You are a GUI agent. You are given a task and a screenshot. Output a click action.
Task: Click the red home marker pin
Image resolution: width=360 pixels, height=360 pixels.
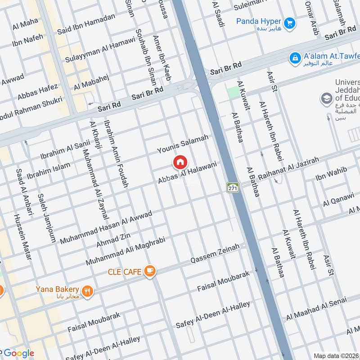pos(180,162)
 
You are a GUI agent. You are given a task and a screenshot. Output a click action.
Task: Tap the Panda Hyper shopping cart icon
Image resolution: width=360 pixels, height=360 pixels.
pos(290,22)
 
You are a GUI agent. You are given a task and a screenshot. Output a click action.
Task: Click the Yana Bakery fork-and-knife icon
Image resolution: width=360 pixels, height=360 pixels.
pos(88,290)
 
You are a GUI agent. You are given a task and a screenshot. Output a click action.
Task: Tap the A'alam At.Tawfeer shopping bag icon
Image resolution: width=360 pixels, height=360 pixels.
pos(295,58)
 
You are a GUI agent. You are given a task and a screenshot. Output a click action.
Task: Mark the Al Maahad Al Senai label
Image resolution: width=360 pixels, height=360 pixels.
pos(316,308)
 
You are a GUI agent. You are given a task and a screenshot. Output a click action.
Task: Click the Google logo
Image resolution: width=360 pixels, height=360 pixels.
pos(18,353)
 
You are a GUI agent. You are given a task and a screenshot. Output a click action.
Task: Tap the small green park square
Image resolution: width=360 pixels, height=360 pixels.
pos(233,92)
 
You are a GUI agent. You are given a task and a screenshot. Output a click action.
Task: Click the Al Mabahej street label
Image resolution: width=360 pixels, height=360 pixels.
pos(90,82)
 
